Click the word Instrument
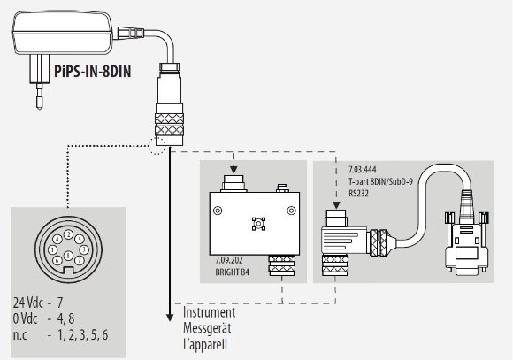pos(209,312)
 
